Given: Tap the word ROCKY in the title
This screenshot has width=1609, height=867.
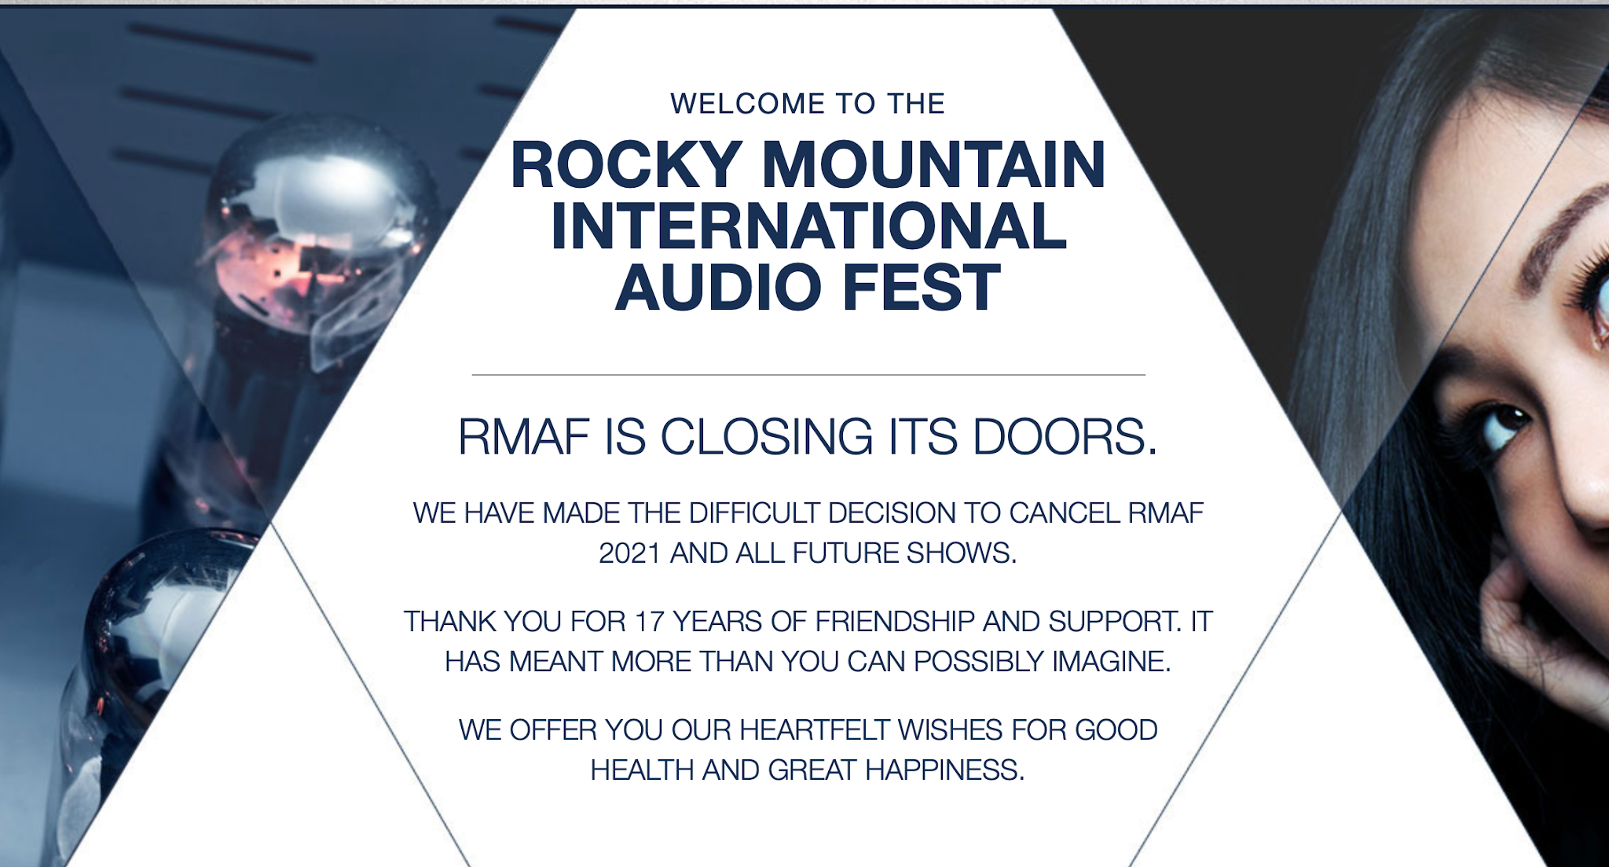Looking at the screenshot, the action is point(626,165).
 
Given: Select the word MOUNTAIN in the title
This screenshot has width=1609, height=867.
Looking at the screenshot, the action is point(933,165).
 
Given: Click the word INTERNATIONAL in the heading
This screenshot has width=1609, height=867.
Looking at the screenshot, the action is point(808,226).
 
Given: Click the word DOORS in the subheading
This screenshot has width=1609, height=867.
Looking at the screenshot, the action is point(1065,436).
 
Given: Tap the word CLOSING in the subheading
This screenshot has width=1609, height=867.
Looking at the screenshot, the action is point(766,436).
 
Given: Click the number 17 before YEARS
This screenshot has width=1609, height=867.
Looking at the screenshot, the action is point(650,622).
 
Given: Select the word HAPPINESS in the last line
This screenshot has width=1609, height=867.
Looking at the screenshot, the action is point(945,770).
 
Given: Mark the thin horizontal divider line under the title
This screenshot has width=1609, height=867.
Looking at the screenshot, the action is point(808,375).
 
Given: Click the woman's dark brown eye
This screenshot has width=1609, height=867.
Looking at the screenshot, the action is point(1502,425).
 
